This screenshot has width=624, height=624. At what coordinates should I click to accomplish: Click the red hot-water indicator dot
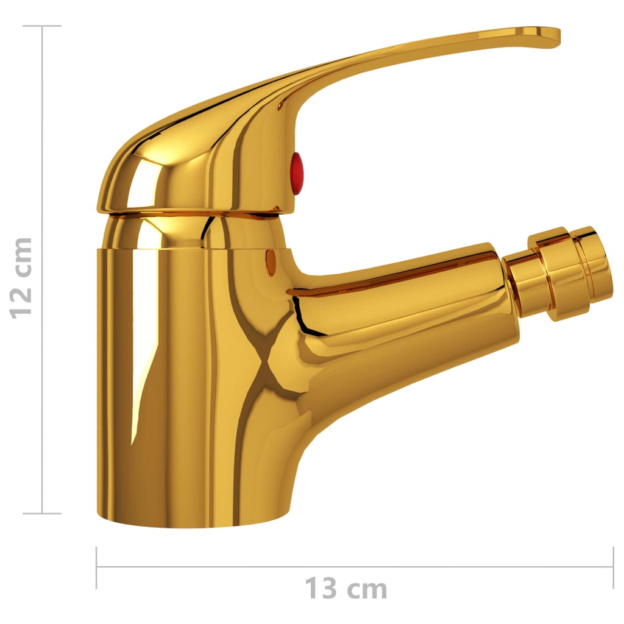(296, 174)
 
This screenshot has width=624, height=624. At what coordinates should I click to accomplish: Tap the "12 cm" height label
(22, 277)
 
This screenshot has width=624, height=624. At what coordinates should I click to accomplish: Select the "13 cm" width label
(346, 589)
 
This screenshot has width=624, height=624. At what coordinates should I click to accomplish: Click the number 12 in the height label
(22, 303)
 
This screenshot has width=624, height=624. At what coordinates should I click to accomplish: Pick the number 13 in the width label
(320, 589)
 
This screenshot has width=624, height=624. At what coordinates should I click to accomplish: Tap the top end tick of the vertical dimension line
(42, 26)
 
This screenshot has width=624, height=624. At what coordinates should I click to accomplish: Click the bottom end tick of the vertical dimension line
(42, 513)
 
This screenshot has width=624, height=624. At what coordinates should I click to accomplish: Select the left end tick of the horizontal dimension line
(96, 567)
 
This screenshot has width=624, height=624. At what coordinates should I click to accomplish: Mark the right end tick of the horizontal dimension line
(612, 567)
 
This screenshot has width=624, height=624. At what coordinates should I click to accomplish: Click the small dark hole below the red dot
(271, 263)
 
